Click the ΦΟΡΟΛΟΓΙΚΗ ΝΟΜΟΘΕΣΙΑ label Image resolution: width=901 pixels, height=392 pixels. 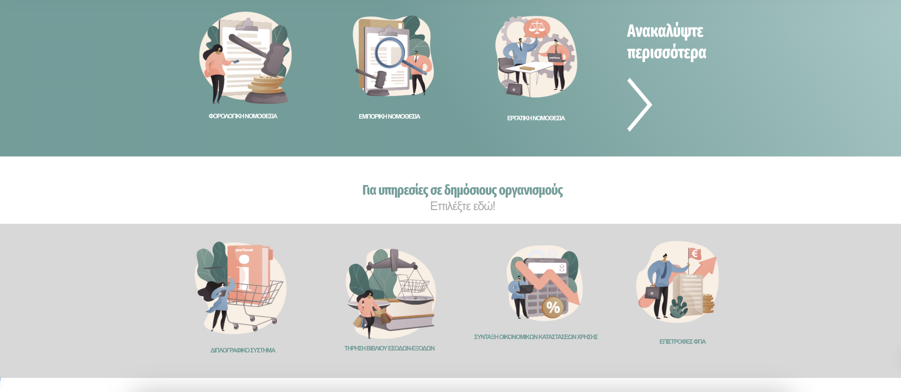[243, 116]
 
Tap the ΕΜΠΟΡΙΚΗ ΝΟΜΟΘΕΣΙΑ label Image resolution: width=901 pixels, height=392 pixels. [389, 117]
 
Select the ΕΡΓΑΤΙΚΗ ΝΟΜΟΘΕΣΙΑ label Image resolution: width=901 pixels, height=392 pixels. [536, 118]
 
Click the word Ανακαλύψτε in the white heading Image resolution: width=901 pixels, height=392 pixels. [665, 31]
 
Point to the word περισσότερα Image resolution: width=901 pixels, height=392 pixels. [666, 53]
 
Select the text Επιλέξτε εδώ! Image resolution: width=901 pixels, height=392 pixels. [462, 206]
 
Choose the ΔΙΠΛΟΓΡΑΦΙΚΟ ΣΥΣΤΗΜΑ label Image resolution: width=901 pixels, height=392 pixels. [243, 350]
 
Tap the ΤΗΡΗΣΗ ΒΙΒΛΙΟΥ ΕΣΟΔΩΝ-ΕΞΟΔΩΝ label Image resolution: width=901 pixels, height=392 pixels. [389, 348]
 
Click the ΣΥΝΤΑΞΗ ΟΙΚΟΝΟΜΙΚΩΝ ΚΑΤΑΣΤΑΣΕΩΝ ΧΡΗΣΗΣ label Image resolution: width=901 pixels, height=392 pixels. [536, 337]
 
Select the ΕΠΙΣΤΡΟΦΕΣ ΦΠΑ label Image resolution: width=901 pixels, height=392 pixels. [682, 342]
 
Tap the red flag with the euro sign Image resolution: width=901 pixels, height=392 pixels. [695, 254]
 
